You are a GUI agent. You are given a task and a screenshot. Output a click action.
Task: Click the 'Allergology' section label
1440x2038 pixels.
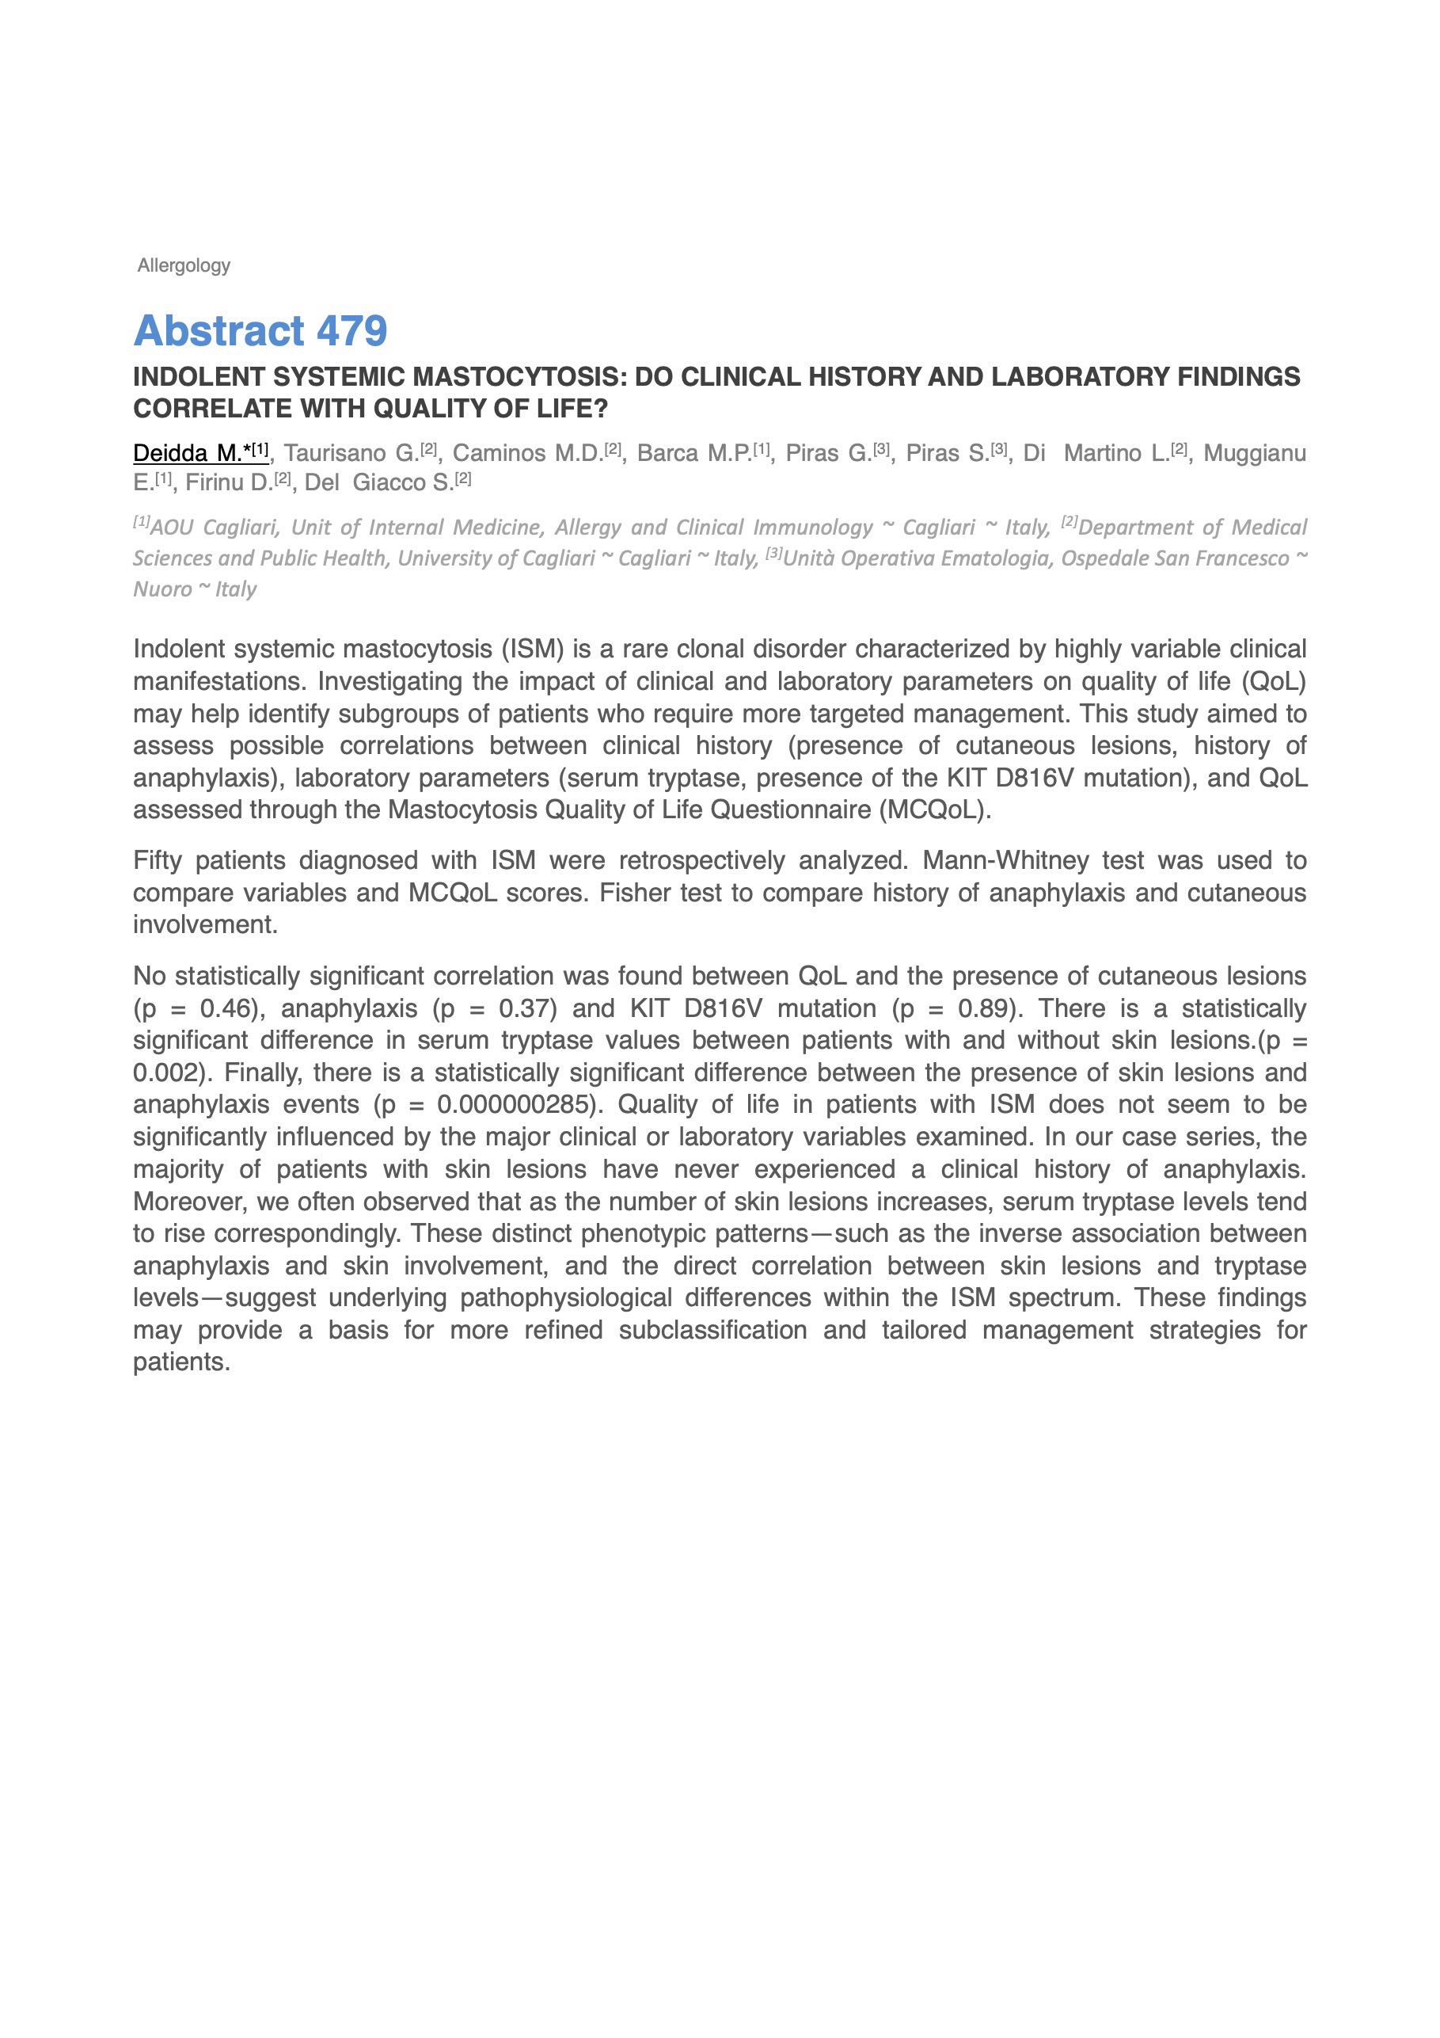184,265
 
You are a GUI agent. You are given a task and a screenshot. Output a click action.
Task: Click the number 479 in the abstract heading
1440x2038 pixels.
351,331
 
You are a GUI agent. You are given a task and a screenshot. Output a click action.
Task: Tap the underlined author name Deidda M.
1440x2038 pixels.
188,454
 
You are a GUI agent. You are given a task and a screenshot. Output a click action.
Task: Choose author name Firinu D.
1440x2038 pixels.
229,483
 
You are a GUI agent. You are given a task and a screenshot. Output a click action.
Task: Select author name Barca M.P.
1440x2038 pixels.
695,454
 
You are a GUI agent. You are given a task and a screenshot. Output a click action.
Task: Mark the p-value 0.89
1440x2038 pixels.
986,1009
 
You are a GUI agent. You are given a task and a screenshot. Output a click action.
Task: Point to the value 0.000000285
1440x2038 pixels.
514,1105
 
